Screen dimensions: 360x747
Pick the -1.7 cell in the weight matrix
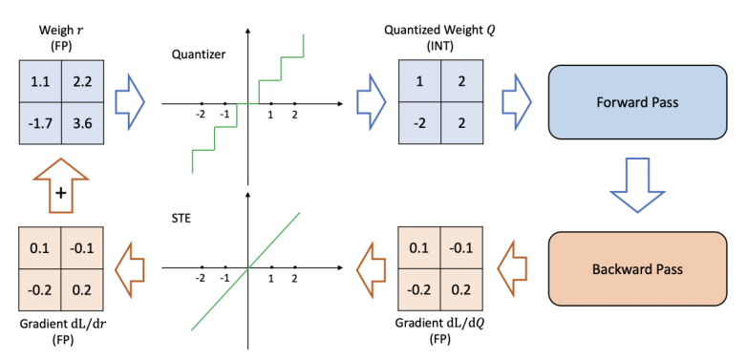(39, 121)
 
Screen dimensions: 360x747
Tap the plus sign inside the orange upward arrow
(61, 193)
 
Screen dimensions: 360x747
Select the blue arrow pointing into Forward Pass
(517, 100)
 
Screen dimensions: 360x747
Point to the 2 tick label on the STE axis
(294, 279)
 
